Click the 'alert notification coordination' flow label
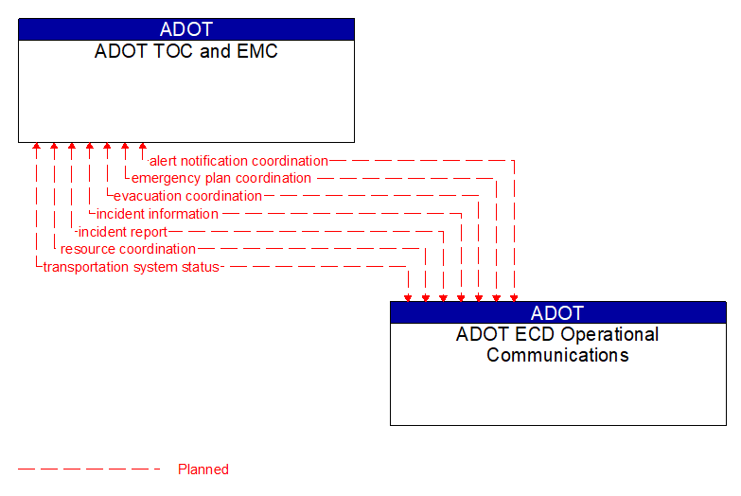[238, 161]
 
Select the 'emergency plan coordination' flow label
[221, 178]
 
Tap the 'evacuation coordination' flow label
[187, 196]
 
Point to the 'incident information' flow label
[157, 214]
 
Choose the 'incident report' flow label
[122, 232]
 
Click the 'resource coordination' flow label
[128, 249]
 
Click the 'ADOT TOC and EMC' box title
[186, 51]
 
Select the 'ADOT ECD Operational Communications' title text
[557, 345]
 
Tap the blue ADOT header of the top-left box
[186, 29]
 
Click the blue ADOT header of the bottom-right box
[557, 312]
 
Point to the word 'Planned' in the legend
[203, 469]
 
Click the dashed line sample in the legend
[89, 469]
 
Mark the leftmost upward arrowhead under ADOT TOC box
[36, 147]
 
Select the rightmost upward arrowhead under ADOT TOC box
[143, 147]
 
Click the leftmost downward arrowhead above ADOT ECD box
[408, 297]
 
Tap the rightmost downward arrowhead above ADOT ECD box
[514, 297]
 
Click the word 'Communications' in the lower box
[557, 356]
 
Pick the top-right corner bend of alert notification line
[514, 161]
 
